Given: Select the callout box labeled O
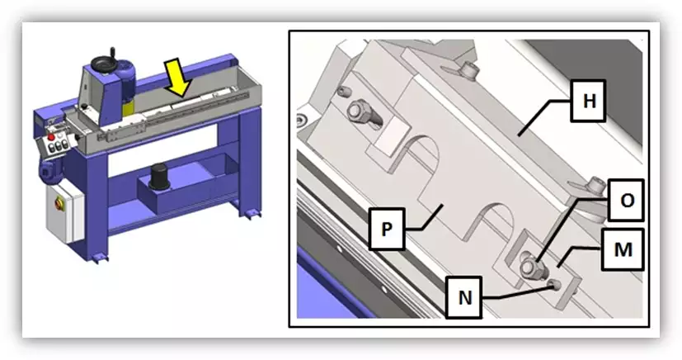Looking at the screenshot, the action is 625,201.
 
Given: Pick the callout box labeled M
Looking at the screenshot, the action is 623,249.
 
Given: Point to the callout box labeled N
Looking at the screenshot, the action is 464,297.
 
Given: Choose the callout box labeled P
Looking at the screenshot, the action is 387,229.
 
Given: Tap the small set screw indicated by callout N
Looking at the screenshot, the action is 554,285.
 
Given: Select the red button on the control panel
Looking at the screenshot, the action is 51,138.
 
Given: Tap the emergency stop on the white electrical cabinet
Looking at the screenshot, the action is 59,203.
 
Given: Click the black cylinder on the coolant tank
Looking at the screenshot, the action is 159,177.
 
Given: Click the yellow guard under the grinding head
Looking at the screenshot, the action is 129,109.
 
